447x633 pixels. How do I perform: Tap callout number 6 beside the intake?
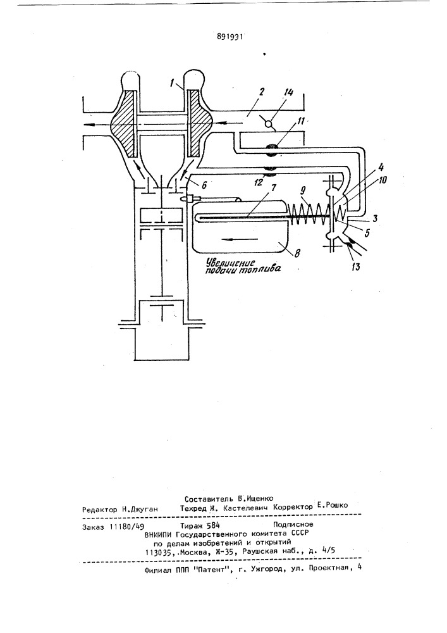pyautogui.click(x=204, y=184)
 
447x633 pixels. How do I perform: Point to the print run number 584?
pyautogui.click(x=213, y=525)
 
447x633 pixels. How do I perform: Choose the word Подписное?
pyautogui.click(x=293, y=524)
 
